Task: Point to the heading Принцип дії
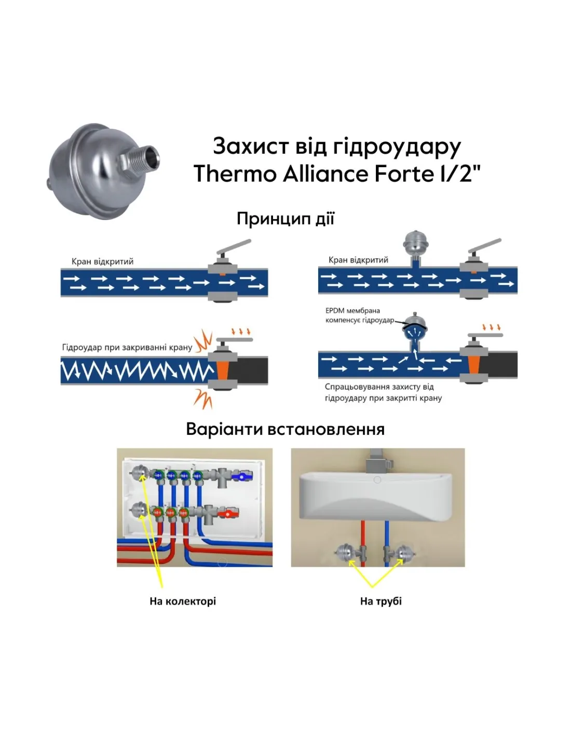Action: tap(285, 218)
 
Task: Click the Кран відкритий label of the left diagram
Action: tap(102, 262)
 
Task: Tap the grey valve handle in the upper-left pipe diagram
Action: tap(235, 247)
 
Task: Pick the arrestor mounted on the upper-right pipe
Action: tap(416, 243)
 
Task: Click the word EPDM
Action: tap(335, 311)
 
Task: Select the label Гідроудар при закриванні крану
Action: tap(127, 347)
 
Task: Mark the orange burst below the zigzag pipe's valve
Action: tap(203, 399)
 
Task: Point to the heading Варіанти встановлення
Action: tap(285, 429)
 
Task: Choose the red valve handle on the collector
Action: tap(227, 514)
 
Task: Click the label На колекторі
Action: tap(183, 601)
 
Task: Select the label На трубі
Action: tap(381, 601)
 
